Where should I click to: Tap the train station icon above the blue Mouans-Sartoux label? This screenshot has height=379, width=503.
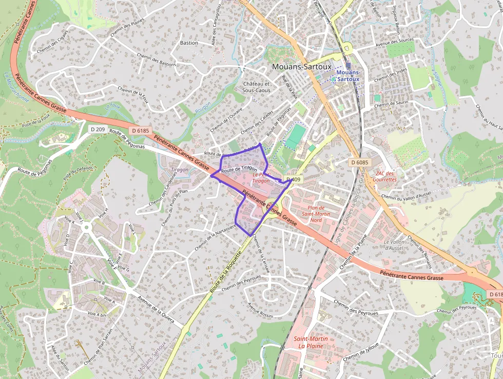pos(349,65)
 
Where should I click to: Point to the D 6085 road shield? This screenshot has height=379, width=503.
pos(360,163)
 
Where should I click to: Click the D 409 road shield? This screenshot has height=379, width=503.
pos(294,179)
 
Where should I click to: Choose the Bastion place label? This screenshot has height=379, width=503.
pos(189,43)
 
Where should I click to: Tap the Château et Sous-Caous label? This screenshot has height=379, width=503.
pos(256,87)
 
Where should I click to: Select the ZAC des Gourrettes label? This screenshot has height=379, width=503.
pos(385,176)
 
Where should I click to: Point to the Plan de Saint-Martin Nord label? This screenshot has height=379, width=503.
pos(316,213)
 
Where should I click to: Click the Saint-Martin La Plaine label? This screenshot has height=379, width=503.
pos(311,342)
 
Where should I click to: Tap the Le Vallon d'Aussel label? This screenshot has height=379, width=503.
pos(394,245)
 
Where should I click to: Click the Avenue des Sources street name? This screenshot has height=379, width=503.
pos(394,43)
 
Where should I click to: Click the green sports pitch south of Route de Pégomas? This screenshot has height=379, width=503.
pos(295,136)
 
